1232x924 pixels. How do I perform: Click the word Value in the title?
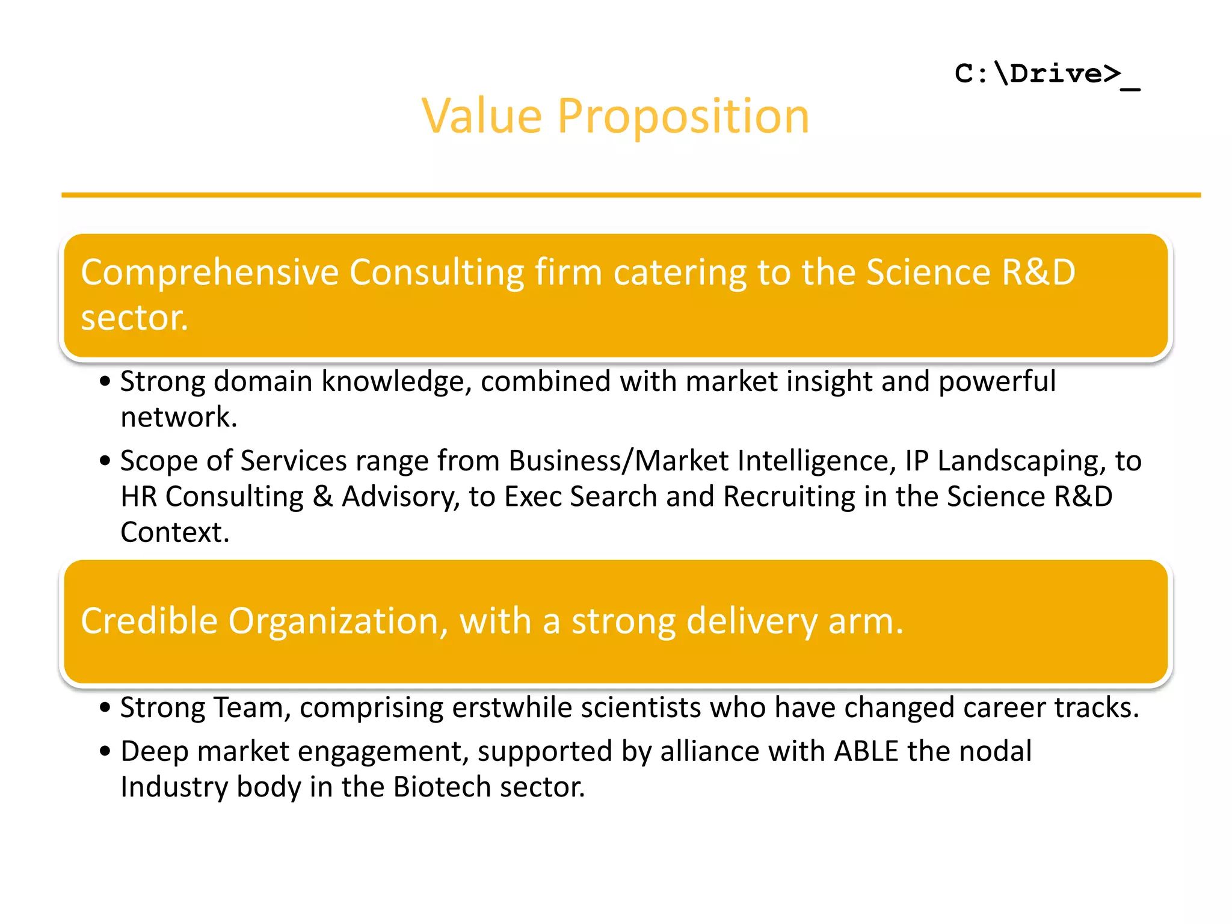point(481,116)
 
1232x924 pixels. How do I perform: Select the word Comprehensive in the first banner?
point(210,273)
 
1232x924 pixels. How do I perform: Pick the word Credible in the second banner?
point(149,621)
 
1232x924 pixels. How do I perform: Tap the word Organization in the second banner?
point(337,621)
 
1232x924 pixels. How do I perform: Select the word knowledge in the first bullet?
point(396,381)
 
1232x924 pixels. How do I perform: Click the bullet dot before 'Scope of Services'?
point(105,461)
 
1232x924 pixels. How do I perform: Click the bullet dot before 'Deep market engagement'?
point(105,751)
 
